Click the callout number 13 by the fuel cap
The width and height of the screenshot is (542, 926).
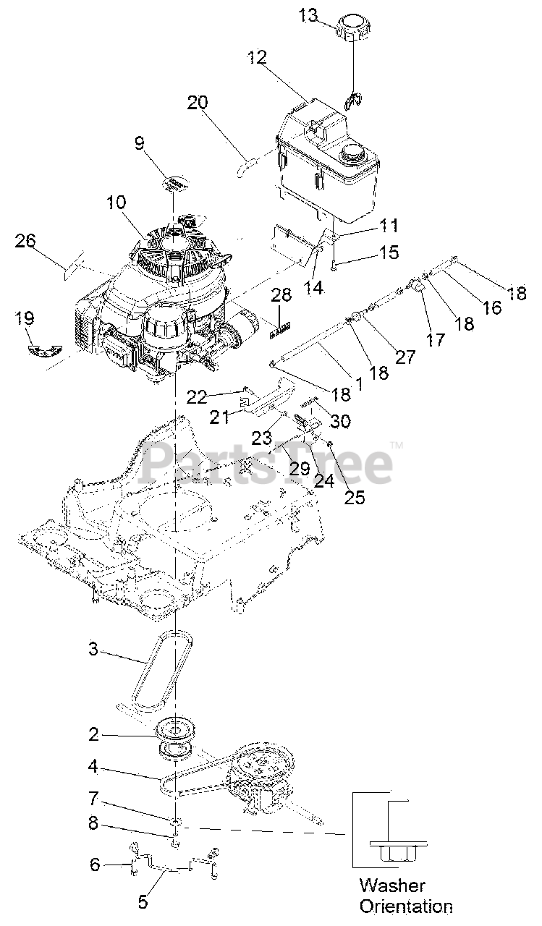[x=308, y=15]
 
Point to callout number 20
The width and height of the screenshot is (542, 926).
[x=198, y=103]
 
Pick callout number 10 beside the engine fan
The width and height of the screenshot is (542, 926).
[x=117, y=203]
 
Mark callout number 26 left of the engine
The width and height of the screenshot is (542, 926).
[x=25, y=241]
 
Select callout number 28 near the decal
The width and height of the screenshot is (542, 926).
[x=281, y=294]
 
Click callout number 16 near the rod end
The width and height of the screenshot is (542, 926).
[x=492, y=307]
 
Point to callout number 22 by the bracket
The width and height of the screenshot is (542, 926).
[x=197, y=396]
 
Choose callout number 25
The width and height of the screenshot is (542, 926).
[x=355, y=497]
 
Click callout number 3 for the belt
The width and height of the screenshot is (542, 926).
[x=93, y=649]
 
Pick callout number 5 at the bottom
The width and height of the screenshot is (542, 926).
[x=142, y=901]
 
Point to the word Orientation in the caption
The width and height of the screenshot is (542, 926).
[x=406, y=906]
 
